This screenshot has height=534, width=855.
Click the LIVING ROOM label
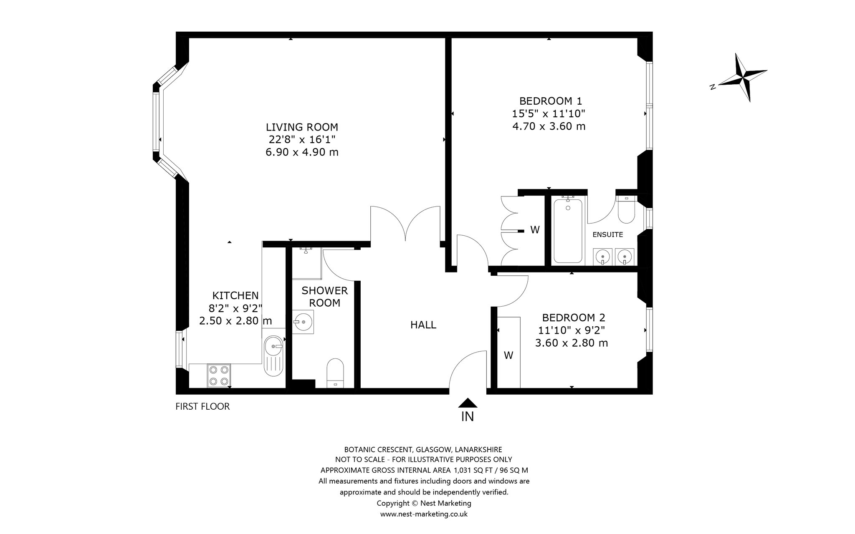(x=302, y=127)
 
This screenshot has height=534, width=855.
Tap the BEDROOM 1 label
(x=550, y=101)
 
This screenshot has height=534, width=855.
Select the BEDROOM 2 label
(x=573, y=317)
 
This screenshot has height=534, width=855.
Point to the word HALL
(x=423, y=325)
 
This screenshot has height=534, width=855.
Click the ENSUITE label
(x=608, y=234)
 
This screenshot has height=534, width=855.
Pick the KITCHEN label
(x=235, y=295)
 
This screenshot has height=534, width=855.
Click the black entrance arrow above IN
(x=468, y=403)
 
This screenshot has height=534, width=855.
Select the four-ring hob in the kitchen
(x=219, y=375)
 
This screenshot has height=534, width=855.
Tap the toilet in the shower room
(x=335, y=373)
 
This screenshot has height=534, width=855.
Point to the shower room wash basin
(x=302, y=322)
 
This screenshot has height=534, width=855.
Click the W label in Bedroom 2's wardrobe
(x=508, y=355)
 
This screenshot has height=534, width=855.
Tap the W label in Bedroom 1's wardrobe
(x=535, y=229)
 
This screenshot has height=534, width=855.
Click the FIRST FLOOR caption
(x=202, y=406)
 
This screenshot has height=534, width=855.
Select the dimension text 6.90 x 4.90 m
(x=302, y=152)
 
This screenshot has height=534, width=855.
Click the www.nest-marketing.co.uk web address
(x=424, y=514)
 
